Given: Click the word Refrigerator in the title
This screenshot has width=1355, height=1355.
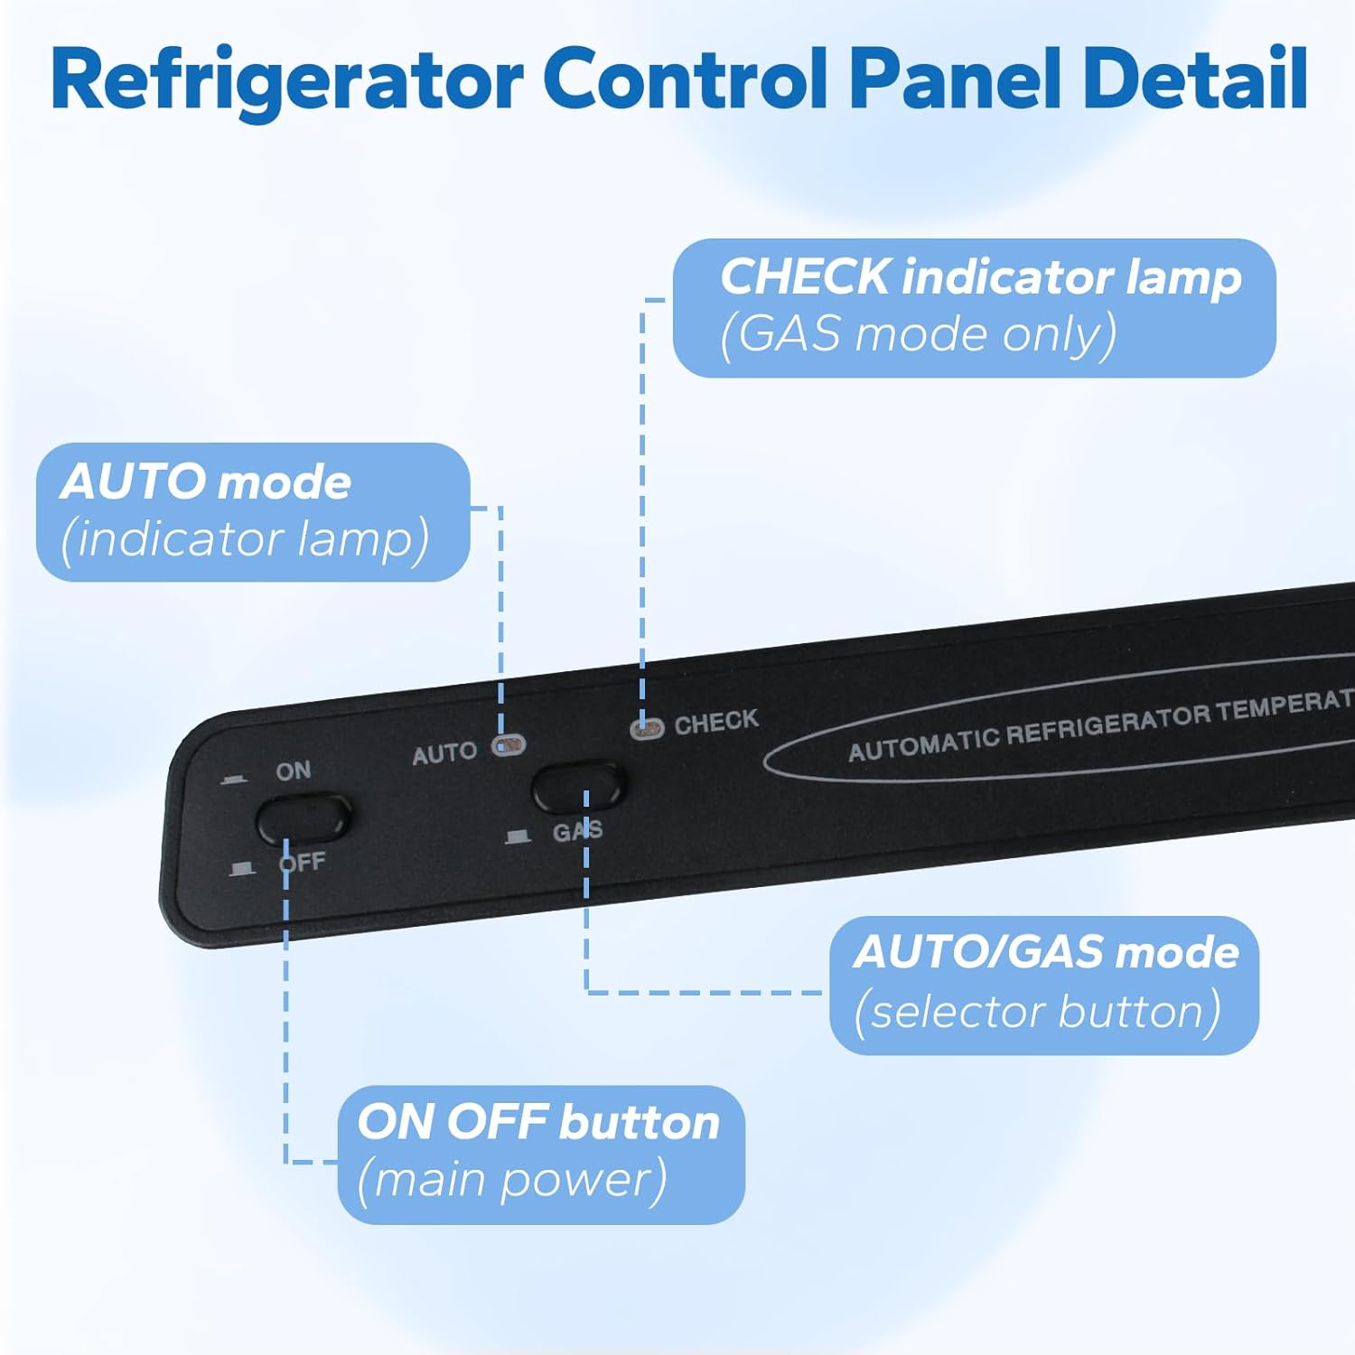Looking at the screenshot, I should click(287, 79).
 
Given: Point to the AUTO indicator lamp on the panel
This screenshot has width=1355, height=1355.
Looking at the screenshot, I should click(509, 746).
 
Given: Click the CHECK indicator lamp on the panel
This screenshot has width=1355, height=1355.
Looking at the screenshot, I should click(647, 728).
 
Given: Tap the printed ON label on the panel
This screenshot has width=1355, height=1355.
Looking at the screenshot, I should click(294, 771).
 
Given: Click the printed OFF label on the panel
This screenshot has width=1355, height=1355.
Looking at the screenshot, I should click(303, 862).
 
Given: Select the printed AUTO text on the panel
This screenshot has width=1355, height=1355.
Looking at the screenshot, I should click(444, 753).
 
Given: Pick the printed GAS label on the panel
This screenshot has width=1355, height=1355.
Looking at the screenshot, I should click(577, 830).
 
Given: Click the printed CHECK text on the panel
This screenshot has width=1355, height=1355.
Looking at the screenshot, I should click(716, 721).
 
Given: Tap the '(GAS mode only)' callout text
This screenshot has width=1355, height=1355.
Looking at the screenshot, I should click(918, 334).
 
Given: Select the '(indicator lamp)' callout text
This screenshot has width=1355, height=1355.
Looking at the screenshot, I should click(244, 538).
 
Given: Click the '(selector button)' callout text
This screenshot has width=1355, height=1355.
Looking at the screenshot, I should click(1037, 1011).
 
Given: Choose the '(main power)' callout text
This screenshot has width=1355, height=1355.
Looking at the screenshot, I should click(511, 1180).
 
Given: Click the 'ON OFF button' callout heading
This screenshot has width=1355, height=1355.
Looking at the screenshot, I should click(538, 1122).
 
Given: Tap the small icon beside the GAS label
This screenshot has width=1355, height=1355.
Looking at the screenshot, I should click(518, 836).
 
